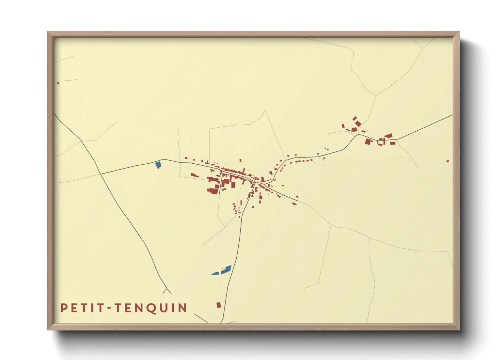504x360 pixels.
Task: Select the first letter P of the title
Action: click(64, 308)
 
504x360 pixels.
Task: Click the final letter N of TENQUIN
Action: click(183, 308)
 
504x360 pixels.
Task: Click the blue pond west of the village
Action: click(158, 165)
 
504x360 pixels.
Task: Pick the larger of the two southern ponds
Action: click(226, 270)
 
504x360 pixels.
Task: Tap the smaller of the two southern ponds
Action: click(215, 273)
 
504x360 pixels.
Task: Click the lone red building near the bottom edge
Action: click(219, 305)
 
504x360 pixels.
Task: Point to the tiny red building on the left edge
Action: click(58, 83)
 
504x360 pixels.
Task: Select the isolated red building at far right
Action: click(447, 161)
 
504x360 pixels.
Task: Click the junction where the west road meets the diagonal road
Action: click(101, 174)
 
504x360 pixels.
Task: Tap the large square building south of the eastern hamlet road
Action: click(368, 141)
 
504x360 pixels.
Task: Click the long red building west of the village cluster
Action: click(194, 175)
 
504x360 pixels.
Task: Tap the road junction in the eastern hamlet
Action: click(357, 135)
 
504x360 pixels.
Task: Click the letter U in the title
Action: click(164, 308)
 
